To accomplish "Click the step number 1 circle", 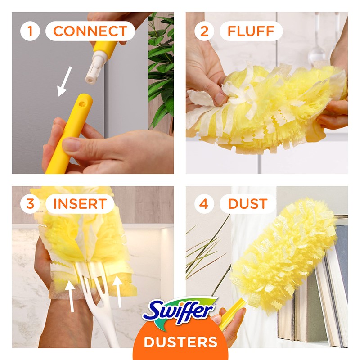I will pos(30,31).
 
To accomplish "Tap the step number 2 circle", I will pos(204,31).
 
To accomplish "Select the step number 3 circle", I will pos(30,203).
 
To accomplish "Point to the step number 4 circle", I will pos(204,203).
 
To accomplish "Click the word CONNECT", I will pos(90,31).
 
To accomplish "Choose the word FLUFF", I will pos(251,31).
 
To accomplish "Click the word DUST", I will pos(247,203).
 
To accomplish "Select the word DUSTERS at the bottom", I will pos(180,342).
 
